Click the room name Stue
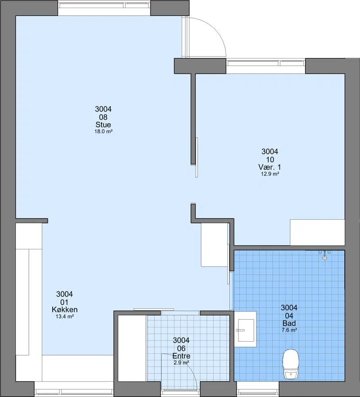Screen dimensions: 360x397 point(103,125)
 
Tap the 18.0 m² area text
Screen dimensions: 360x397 point(103,131)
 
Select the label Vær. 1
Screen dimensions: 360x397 point(270,167)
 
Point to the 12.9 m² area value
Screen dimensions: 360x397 point(270,174)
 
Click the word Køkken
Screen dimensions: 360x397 point(64,310)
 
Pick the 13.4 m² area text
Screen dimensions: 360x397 point(64,316)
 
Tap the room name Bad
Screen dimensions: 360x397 point(289,323)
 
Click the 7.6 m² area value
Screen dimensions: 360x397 point(289,330)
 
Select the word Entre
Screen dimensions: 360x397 point(181,356)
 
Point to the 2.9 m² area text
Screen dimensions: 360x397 point(181,363)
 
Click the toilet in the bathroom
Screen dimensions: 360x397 point(291,364)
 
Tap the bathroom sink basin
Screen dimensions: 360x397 point(246,330)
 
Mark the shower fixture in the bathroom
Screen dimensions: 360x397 point(324,256)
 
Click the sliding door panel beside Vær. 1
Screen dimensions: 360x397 point(197,158)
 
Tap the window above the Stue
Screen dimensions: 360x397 point(104,5)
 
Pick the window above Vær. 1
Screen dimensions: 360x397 point(265,63)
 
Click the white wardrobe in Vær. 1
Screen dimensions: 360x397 point(317,232)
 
